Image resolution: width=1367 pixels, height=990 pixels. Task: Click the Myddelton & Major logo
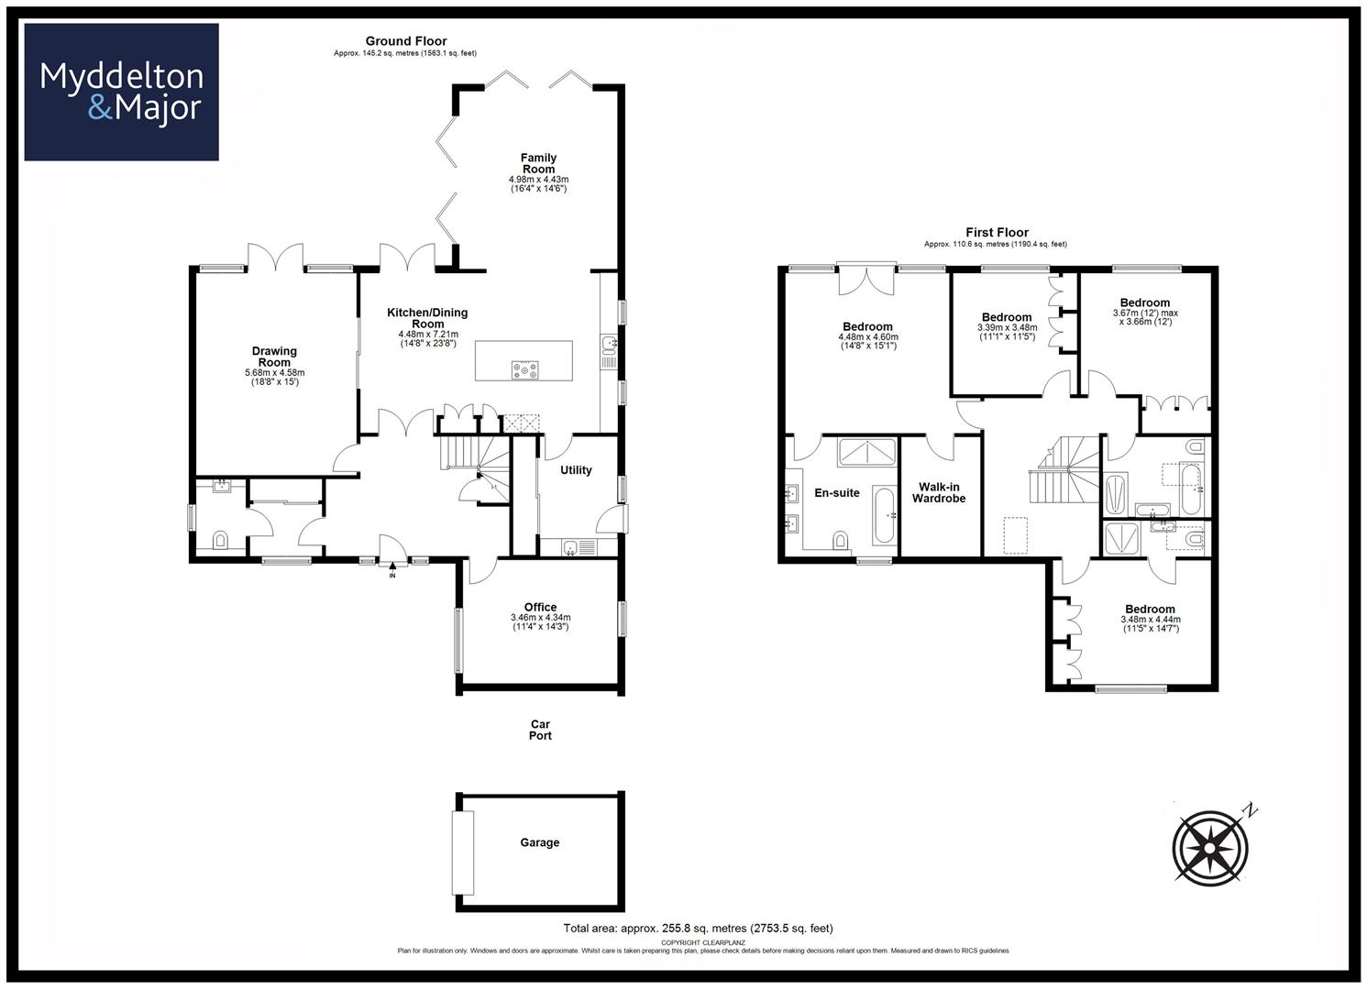pyautogui.click(x=121, y=92)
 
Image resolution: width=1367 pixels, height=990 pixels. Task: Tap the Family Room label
pyautogui.click(x=538, y=163)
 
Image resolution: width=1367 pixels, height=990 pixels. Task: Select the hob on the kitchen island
pyautogui.click(x=524, y=370)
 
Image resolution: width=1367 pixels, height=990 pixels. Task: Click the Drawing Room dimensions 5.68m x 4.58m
pyautogui.click(x=275, y=373)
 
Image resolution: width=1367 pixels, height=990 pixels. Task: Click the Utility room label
pyautogui.click(x=576, y=469)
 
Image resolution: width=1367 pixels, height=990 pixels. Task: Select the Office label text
pyautogui.click(x=540, y=607)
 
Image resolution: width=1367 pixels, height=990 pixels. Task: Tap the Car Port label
pyautogui.click(x=540, y=730)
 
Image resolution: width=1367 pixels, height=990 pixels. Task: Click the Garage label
pyautogui.click(x=539, y=842)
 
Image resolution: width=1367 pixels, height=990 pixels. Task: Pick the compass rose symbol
pyautogui.click(x=1209, y=848)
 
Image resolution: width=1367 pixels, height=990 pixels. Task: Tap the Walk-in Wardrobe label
pyautogui.click(x=939, y=492)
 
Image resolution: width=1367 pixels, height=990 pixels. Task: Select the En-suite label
pyautogui.click(x=837, y=493)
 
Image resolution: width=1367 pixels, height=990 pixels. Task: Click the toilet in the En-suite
pyautogui.click(x=841, y=539)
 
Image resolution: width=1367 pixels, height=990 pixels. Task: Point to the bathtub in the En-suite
pyautogui.click(x=883, y=515)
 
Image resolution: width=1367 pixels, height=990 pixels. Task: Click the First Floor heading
pyautogui.click(x=997, y=233)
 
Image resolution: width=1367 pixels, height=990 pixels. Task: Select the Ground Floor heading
pyautogui.click(x=406, y=41)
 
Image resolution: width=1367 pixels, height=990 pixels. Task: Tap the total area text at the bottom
pyautogui.click(x=698, y=929)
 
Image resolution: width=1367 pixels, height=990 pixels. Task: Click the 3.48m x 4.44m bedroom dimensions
pyautogui.click(x=1151, y=620)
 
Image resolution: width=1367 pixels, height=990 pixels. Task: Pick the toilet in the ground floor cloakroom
pyautogui.click(x=220, y=540)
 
